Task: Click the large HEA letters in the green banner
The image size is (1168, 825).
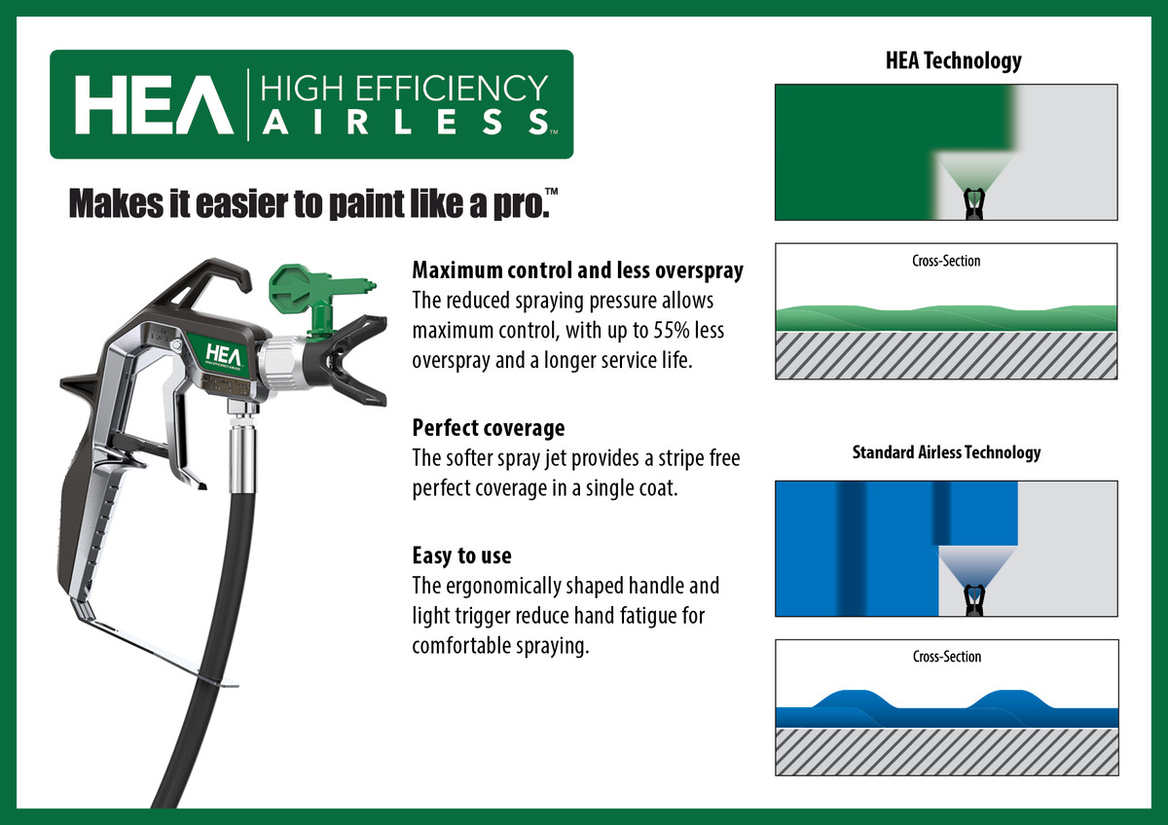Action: [154, 105]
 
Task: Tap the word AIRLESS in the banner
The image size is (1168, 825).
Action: [406, 122]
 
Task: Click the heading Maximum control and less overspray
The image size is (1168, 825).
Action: [578, 270]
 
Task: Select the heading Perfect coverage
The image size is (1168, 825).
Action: [489, 428]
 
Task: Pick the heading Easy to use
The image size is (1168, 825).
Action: [461, 556]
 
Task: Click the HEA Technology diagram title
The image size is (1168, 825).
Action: [954, 60]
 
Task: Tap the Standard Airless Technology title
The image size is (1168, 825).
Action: [946, 451]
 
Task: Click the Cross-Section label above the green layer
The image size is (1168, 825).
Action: [946, 261]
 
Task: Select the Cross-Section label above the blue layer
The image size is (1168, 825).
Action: [947, 656]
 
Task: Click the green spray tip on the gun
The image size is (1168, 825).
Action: [318, 296]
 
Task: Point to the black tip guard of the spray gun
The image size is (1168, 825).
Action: [350, 359]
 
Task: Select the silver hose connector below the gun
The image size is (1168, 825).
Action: [243, 448]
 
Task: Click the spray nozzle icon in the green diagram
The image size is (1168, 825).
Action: [973, 203]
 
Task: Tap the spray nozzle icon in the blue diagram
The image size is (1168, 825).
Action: [974, 600]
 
